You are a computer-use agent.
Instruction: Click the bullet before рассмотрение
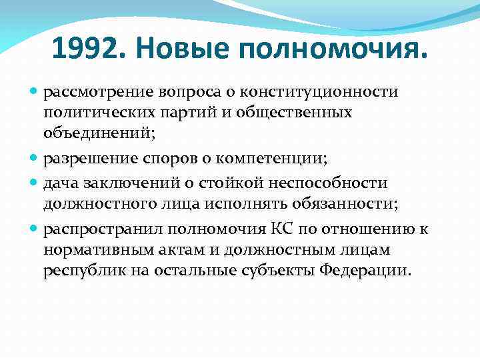[x=35, y=91]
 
